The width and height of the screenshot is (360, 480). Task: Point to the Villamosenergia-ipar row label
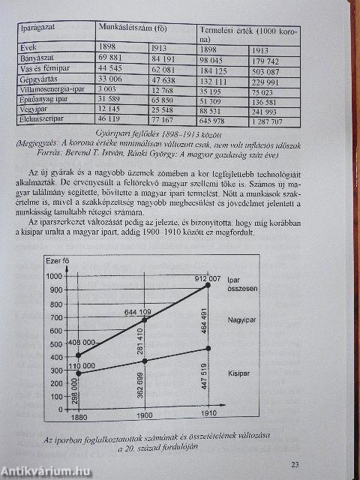(x=48, y=89)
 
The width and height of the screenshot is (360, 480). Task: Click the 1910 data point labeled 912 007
(x=208, y=285)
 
